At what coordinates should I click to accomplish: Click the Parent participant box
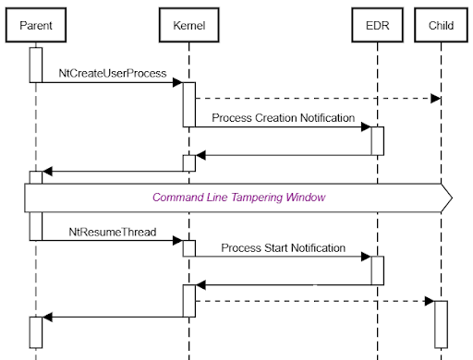(x=35, y=25)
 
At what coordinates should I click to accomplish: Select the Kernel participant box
(x=188, y=25)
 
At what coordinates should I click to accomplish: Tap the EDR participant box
(x=377, y=25)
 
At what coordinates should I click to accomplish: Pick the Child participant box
(x=441, y=25)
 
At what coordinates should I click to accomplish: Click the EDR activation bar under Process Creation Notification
(x=377, y=140)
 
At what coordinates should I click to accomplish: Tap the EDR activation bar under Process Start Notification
(x=377, y=270)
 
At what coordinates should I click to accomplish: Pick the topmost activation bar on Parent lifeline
(x=35, y=64)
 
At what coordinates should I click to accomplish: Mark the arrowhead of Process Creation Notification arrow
(x=366, y=127)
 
